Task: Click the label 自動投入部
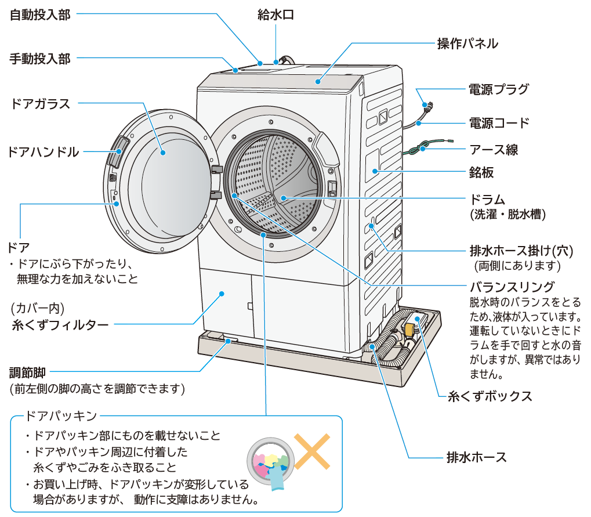tap(40, 15)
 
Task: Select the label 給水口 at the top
tap(275, 15)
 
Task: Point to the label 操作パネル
tap(467, 44)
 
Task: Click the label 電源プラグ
tap(499, 89)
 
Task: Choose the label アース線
tap(494, 150)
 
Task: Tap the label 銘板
tap(481, 173)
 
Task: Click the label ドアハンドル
tap(43, 153)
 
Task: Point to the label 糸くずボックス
tap(490, 397)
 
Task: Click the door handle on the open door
tap(119, 150)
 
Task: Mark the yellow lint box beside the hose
tap(409, 329)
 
